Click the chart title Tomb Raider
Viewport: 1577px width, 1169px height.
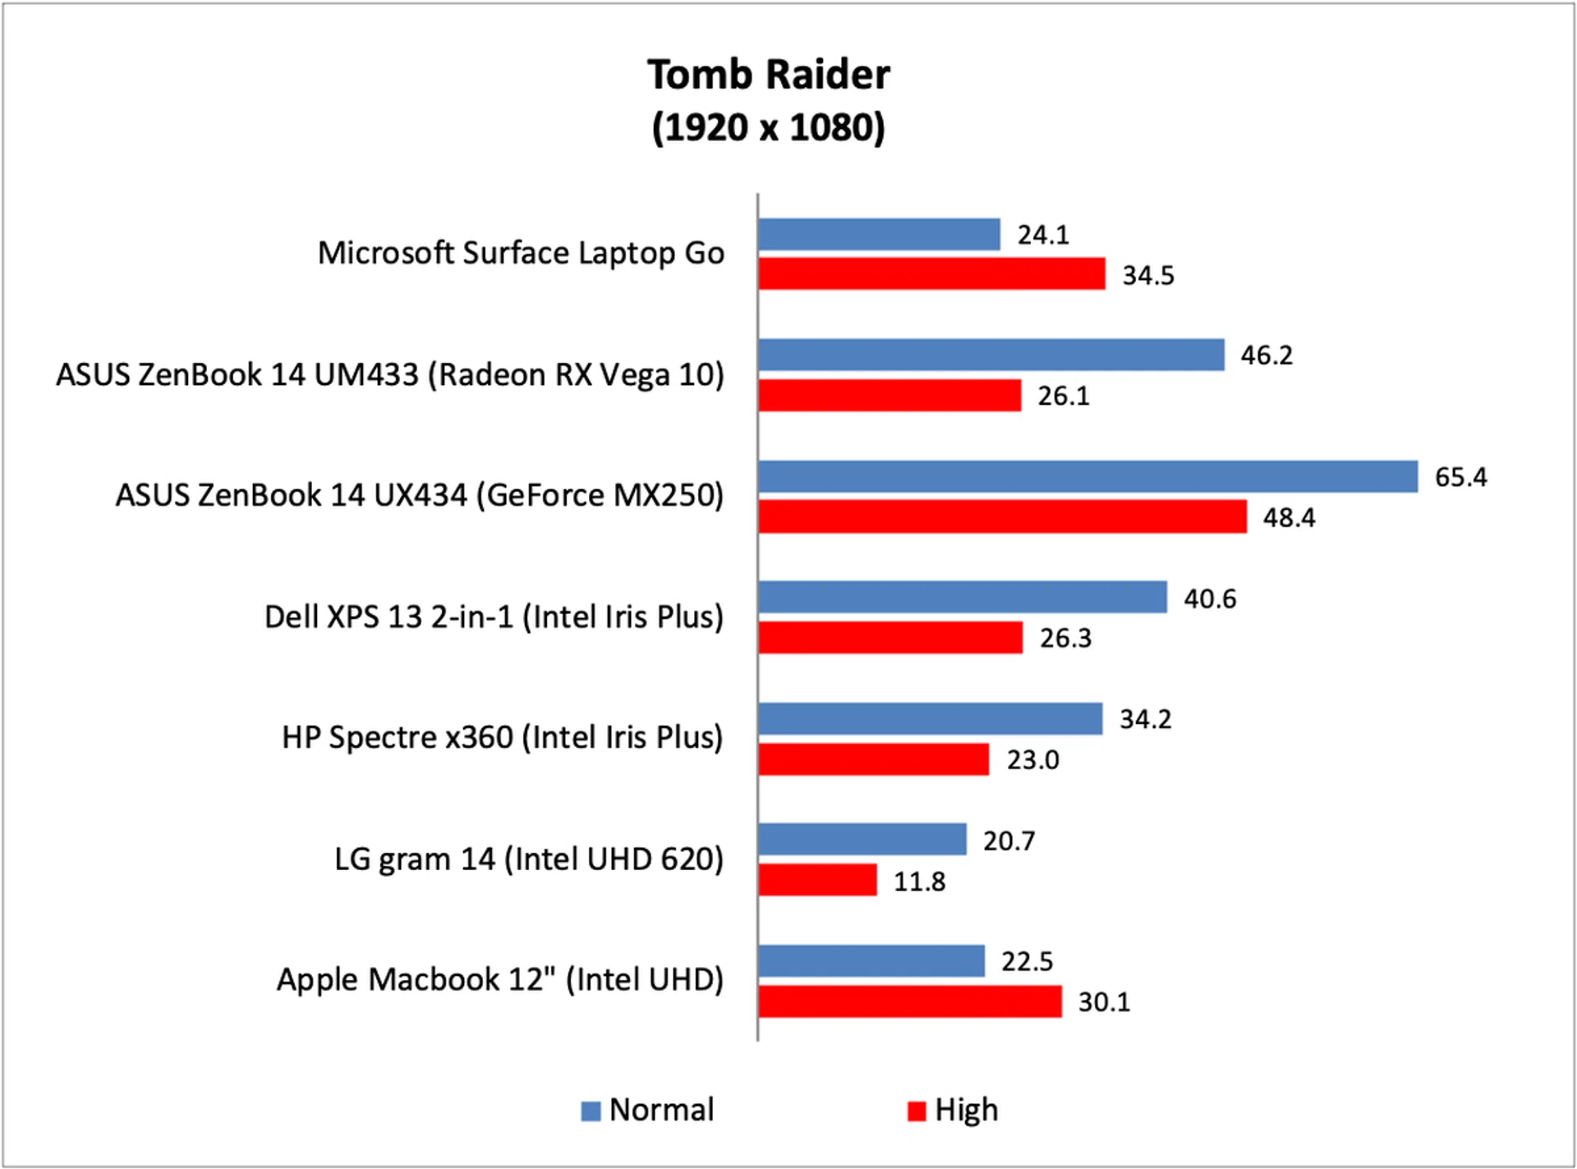click(768, 75)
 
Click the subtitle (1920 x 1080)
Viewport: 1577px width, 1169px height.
click(768, 127)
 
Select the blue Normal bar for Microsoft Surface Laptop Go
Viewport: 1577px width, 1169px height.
click(879, 234)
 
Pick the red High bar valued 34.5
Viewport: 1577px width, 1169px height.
click(931, 274)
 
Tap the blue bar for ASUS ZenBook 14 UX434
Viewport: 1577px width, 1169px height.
click(1087, 476)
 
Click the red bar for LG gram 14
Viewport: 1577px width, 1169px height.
click(817, 880)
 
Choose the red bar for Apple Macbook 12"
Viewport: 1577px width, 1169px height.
click(909, 1002)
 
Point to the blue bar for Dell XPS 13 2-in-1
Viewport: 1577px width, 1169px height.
click(962, 597)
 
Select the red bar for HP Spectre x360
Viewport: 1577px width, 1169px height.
click(873, 759)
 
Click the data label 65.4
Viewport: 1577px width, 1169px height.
click(1460, 477)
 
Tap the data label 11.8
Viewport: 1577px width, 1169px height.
click(919, 882)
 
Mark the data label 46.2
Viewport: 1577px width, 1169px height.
click(1267, 355)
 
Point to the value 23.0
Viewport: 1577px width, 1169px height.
click(1032, 760)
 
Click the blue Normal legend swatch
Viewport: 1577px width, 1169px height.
click(591, 1111)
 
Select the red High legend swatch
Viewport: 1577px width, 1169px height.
click(916, 1111)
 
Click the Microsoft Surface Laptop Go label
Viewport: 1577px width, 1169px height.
click(521, 253)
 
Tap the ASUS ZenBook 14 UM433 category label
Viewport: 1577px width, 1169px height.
click(390, 374)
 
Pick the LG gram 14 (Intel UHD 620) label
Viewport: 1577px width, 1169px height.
click(528, 859)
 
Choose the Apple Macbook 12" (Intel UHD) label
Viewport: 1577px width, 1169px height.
click(499, 979)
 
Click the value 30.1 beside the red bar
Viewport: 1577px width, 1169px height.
click(1104, 1002)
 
